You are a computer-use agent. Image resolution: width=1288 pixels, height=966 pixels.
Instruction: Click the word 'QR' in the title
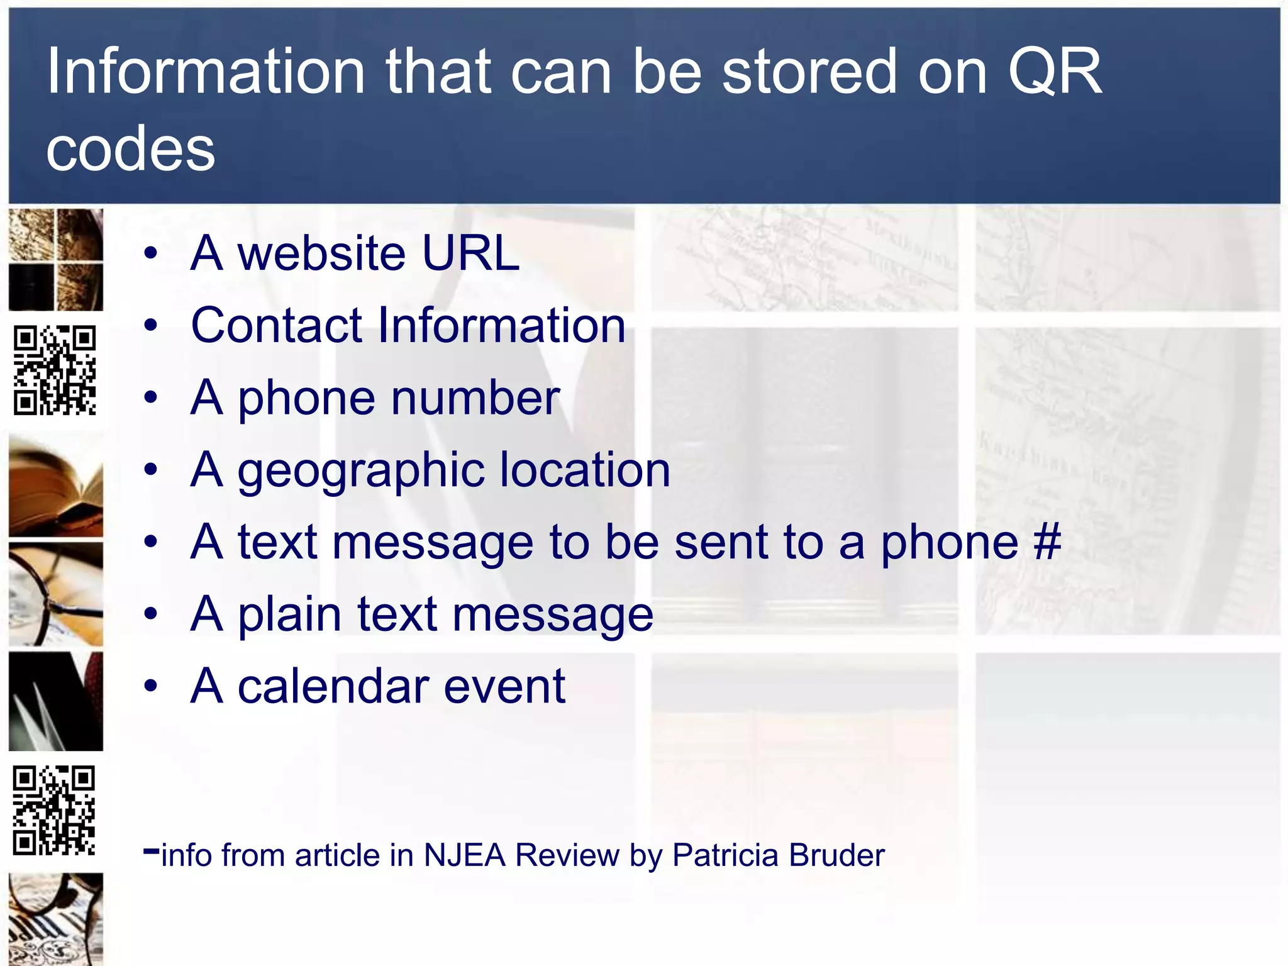[1055, 72]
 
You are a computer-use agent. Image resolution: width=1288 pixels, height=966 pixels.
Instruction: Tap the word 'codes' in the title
[131, 149]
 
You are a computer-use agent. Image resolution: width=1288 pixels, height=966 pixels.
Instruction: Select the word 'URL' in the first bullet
[470, 253]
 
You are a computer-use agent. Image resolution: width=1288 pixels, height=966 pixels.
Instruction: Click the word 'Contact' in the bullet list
[277, 325]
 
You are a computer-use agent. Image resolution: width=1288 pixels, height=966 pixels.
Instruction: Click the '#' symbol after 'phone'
[1047, 541]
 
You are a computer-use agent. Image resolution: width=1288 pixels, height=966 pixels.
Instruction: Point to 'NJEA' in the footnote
[465, 855]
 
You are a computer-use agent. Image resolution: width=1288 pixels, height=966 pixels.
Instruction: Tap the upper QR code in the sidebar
[55, 370]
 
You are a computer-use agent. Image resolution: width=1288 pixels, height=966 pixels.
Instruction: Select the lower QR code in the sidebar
[55, 810]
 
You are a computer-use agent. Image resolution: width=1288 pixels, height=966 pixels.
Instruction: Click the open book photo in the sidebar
[55, 488]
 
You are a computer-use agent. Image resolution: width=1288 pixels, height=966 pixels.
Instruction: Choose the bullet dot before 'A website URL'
[150, 254]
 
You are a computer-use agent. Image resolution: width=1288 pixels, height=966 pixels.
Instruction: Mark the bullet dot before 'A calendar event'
[150, 687]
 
